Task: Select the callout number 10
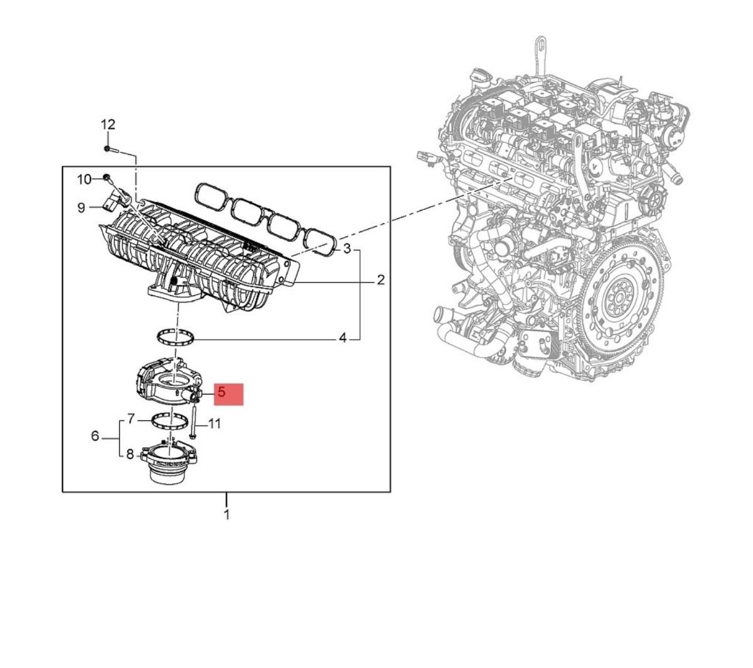pos(84,180)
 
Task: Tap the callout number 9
pos(81,207)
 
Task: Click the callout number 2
pos(380,280)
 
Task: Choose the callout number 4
pos(343,338)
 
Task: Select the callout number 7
pos(131,418)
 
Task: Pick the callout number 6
pos(95,435)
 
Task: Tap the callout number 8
pos(130,454)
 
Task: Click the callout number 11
pos(214,424)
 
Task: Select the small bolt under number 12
pos(109,149)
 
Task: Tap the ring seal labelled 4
pos(175,338)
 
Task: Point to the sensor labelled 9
pos(112,201)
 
